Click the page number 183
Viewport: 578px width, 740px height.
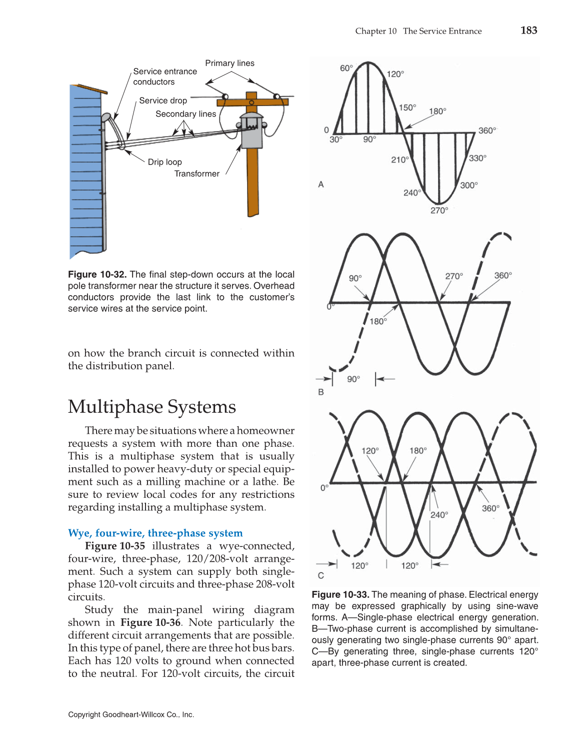pos(528,31)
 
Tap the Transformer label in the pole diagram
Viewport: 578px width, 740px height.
pos(196,174)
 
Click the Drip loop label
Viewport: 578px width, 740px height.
pos(164,162)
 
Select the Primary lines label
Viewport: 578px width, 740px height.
pos(229,63)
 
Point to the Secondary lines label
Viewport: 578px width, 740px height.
pos(185,114)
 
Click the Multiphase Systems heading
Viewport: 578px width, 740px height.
pos(151,407)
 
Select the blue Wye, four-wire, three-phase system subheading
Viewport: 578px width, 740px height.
pos(155,533)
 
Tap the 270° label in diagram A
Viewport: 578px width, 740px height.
pos(439,211)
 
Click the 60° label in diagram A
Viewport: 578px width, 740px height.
pos(346,68)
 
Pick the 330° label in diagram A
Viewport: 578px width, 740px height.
pos(477,158)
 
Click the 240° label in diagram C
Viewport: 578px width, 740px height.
pos(439,515)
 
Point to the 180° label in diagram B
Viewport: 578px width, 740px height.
pos(378,321)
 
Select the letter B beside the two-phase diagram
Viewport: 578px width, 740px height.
pos(321,392)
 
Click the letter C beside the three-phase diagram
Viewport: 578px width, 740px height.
pos(321,575)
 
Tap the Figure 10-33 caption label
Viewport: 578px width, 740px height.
pos(340,594)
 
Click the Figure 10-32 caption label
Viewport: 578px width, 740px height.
pos(97,274)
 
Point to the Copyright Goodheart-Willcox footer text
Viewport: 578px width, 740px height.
pos(131,714)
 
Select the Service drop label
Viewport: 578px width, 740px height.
pos(163,101)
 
